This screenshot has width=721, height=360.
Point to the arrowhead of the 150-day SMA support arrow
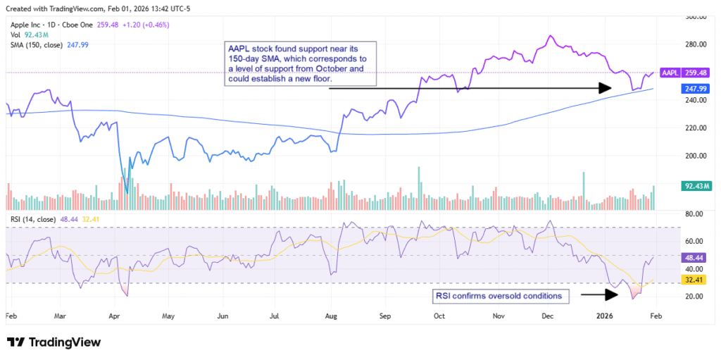click(605, 88)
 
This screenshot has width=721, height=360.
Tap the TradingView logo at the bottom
click(54, 342)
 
